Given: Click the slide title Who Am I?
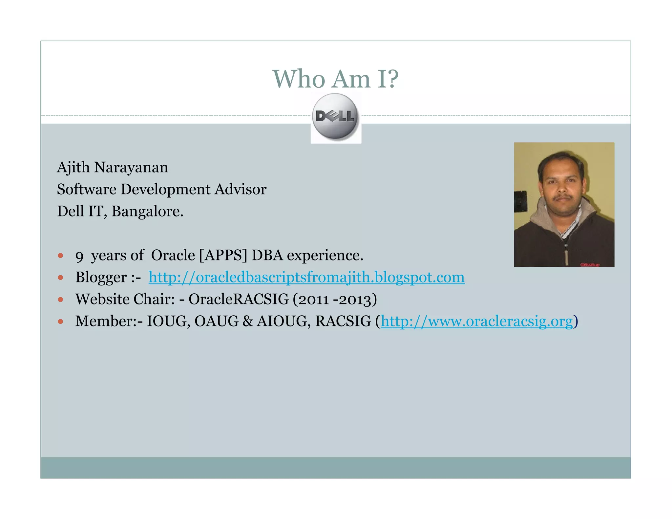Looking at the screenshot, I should coord(335,79).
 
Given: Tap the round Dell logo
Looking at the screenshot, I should coord(335,116).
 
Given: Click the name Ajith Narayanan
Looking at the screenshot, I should coord(112,167).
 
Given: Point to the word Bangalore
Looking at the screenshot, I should coord(147,211).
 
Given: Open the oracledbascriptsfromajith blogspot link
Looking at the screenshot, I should coord(306,277).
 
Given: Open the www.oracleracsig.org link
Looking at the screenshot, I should coord(476,321).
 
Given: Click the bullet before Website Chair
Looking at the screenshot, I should coord(60,299).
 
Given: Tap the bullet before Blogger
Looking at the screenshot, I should coord(60,278).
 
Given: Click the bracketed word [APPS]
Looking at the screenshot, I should coord(223,255).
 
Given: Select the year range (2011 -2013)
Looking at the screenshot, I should coord(335,299).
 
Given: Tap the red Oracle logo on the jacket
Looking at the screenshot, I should coord(590,264).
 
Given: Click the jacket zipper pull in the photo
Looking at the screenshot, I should coord(566,256).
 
